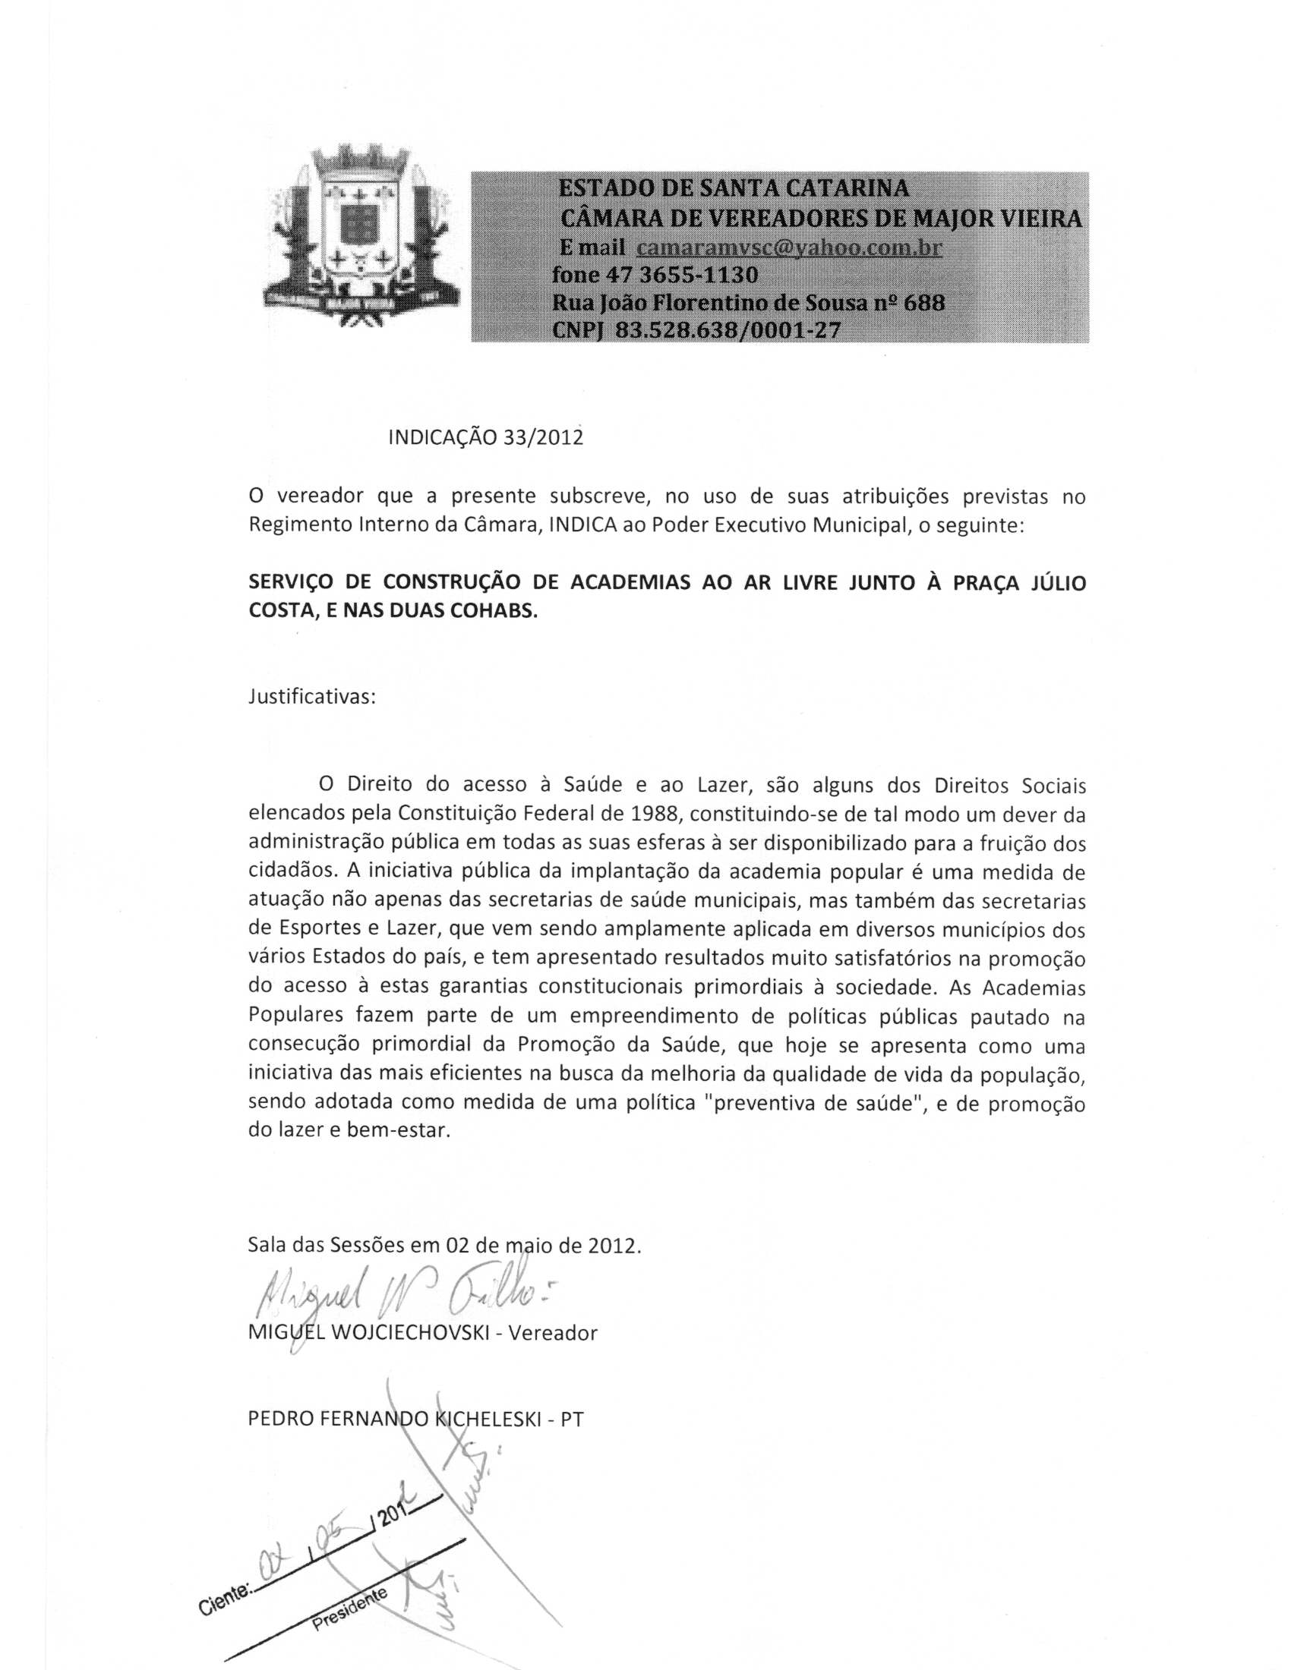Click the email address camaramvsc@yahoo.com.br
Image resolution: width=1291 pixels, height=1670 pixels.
coord(788,248)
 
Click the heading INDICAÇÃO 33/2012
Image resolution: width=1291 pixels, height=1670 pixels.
coord(486,437)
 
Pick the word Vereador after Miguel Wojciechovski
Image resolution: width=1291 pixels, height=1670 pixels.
coord(552,1334)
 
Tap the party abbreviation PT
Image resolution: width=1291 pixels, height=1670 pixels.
coord(571,1420)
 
